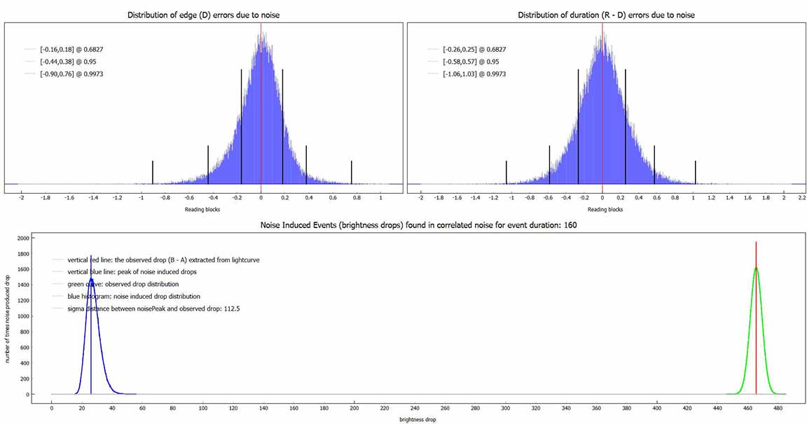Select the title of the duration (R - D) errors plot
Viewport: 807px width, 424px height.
[x=606, y=15]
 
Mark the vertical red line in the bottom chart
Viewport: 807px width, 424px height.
[x=756, y=315]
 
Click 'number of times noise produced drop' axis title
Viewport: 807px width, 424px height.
[x=8, y=316]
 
